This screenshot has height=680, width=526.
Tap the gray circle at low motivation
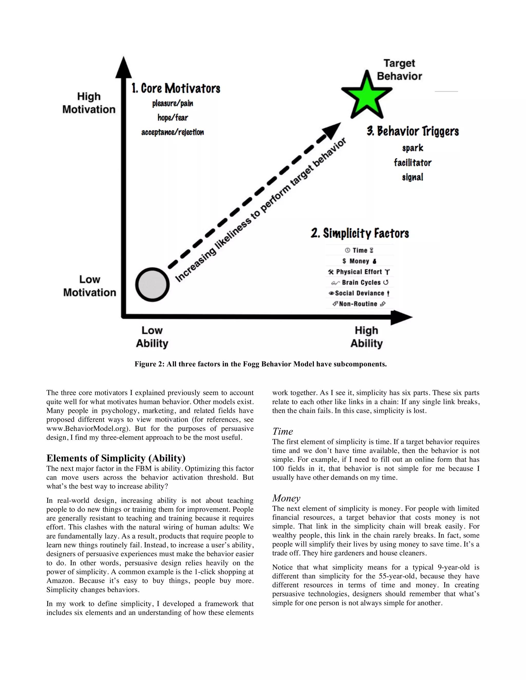[152, 285]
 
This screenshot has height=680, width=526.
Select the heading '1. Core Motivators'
[176, 89]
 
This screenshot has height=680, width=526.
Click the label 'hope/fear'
[173, 118]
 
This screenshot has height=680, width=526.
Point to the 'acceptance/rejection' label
[173, 132]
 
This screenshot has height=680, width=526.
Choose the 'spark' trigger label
[412, 148]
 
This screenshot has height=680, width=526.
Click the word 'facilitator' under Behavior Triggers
[412, 162]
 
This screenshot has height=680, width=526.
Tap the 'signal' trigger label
[412, 177]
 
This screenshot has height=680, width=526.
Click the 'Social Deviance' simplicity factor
[360, 293]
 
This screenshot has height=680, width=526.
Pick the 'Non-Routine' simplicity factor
[358, 304]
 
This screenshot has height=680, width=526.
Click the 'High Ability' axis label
[367, 337]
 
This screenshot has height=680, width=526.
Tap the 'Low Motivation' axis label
[90, 286]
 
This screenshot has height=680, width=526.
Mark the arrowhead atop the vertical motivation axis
[124, 67]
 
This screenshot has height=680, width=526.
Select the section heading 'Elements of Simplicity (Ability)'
[116, 458]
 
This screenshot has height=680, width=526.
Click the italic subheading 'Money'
[286, 498]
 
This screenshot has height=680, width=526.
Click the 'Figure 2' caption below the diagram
[260, 364]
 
